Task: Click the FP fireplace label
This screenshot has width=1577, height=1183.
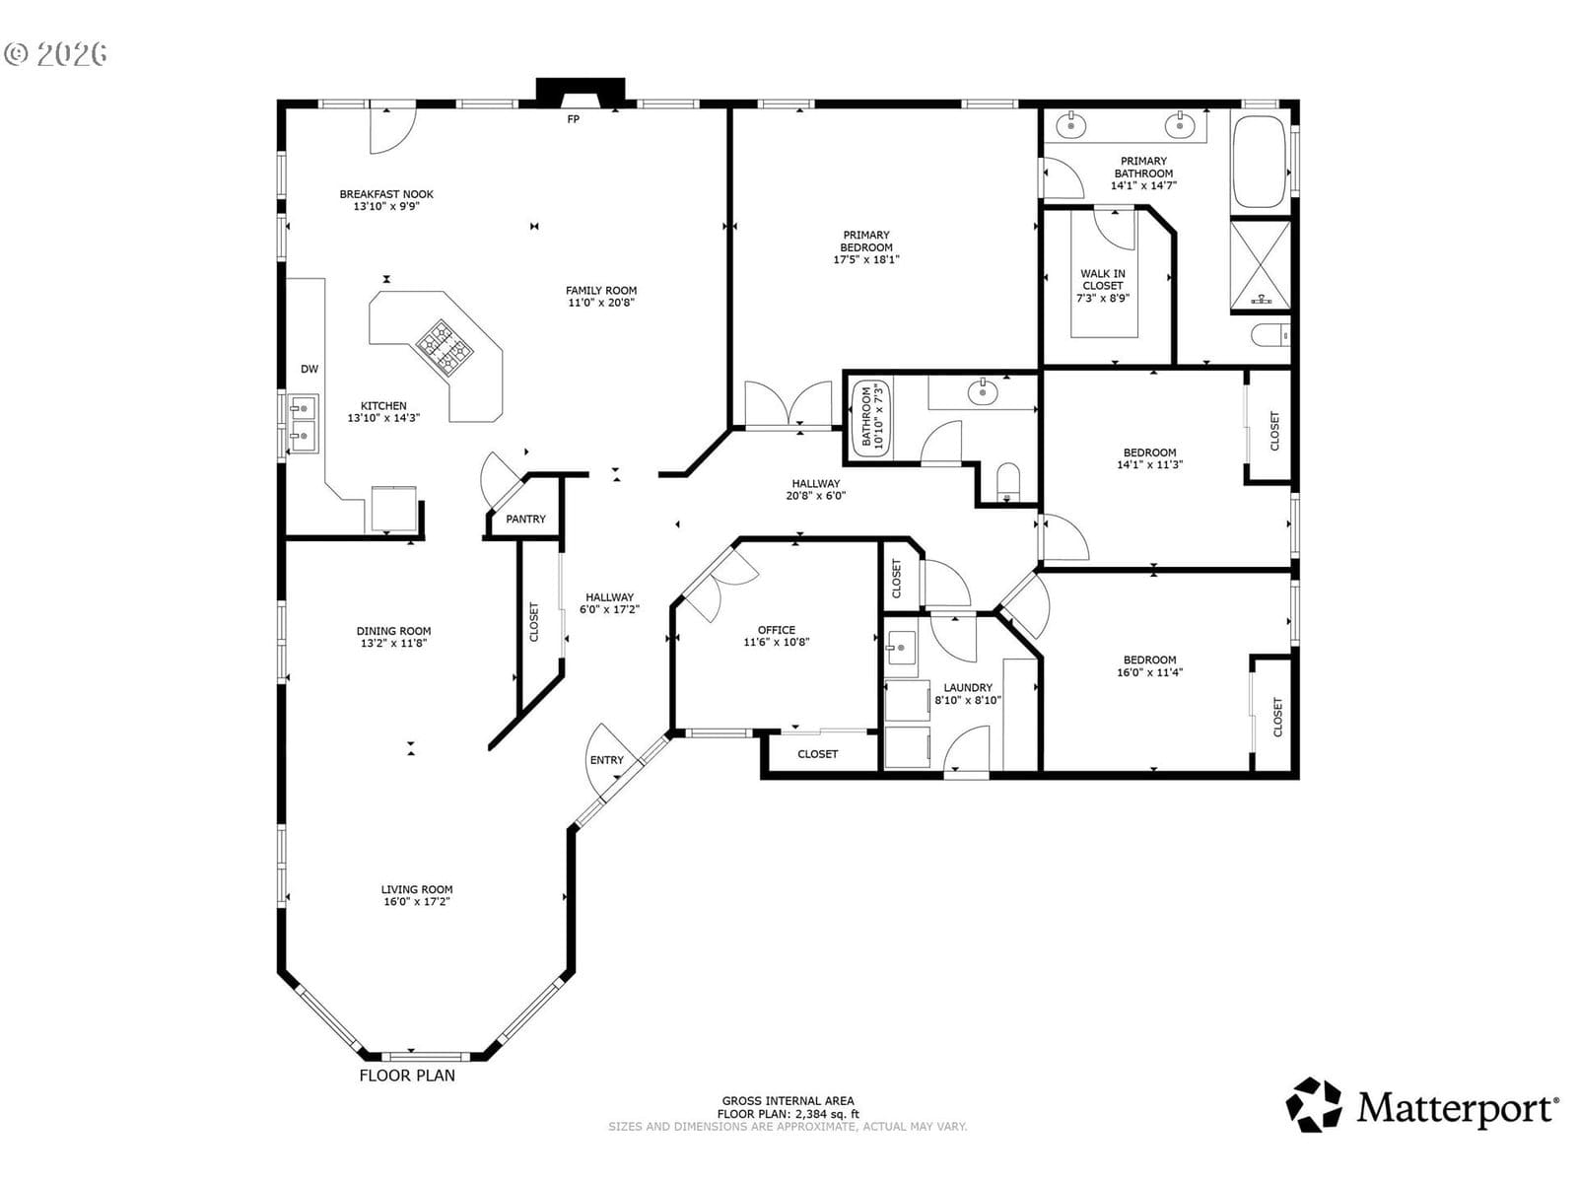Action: (573, 119)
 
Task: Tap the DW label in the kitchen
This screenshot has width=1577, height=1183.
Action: (309, 369)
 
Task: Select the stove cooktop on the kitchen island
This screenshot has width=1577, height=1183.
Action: (446, 348)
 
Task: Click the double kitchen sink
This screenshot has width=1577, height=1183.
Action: (304, 424)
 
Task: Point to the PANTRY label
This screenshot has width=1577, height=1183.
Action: (526, 519)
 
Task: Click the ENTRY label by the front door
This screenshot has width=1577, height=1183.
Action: (607, 760)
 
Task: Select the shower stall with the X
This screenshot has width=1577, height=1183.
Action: (1261, 265)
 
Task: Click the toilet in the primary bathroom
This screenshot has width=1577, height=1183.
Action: (1270, 335)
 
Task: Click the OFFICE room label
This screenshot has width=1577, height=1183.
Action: (777, 630)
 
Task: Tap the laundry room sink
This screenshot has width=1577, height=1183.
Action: (901, 649)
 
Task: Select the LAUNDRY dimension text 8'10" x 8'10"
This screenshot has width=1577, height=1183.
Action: (968, 700)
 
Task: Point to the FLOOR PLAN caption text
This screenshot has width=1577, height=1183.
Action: (407, 1076)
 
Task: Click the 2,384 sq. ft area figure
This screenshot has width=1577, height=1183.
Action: (827, 1114)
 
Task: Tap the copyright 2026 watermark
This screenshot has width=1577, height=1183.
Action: (56, 54)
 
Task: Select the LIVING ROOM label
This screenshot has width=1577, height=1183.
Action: (417, 889)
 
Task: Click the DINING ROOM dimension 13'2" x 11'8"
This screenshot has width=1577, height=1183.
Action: (393, 644)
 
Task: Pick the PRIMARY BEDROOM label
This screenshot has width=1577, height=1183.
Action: (866, 241)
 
